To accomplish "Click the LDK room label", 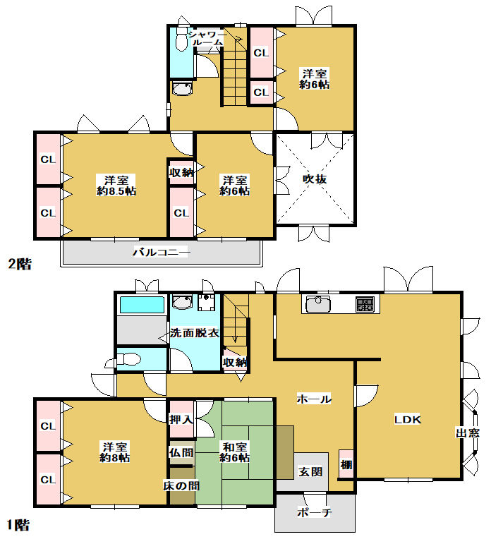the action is coord(407,420).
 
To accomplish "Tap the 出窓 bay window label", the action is coord(468,433).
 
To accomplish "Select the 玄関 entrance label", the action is coord(310,472).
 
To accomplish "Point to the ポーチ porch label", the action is coord(315,512).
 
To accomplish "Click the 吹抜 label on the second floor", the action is coord(315,179).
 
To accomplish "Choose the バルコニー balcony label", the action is coord(161,252).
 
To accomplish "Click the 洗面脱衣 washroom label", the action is coord(195,333).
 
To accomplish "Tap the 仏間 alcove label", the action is coord(181,453).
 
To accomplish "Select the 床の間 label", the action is coord(181,485).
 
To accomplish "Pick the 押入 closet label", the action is coord(181,419).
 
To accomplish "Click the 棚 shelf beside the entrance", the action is coord(346,464).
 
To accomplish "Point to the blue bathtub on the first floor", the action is coord(142,305).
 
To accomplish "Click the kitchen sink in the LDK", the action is coord(318,304).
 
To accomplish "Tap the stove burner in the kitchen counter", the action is coord(365,304).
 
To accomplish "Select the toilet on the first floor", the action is coord(128,359).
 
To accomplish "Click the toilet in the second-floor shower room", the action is coord(181,39).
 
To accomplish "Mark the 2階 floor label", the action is coord(20,265).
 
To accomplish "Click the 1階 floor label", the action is coord(18,525).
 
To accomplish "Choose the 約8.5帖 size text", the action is coord(116,191).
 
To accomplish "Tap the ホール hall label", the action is coord(314,399).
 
